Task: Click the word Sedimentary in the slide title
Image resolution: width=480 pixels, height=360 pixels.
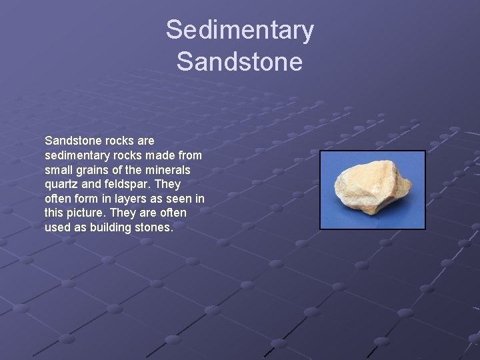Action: [239, 30]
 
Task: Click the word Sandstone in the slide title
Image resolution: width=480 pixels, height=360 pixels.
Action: [239, 62]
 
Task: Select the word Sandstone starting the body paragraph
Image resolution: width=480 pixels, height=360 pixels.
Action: [71, 141]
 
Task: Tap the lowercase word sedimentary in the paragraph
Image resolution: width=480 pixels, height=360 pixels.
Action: [77, 155]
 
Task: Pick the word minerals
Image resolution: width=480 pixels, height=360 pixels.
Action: [168, 170]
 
